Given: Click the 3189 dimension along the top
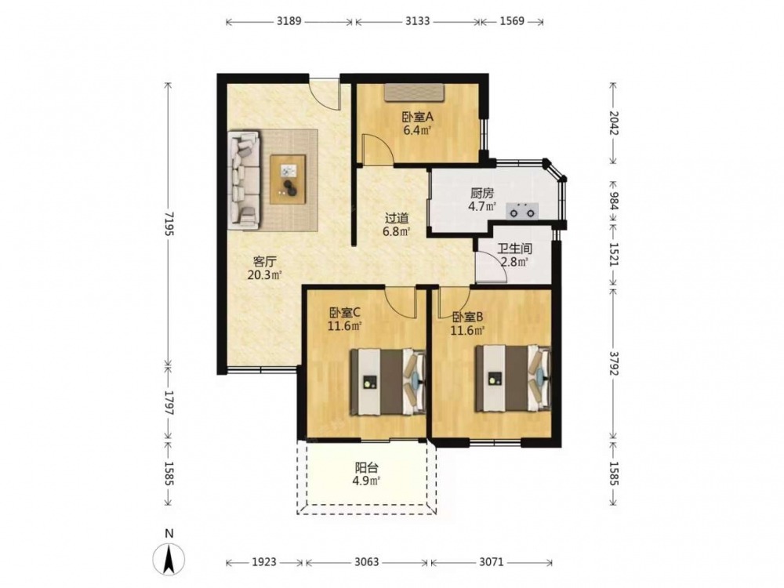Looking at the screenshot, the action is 289,21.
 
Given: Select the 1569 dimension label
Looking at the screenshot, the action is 511,21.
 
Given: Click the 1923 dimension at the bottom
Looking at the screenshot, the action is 263,562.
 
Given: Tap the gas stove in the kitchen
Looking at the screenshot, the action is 522,211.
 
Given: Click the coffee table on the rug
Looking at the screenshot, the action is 288,180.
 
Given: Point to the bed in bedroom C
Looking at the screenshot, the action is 388,382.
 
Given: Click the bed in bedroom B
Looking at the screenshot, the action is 513,378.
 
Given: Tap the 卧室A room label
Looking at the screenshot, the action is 418,117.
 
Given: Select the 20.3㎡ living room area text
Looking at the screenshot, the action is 264,274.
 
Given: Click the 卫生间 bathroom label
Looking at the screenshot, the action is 514,248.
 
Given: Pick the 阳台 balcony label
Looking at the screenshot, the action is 366,468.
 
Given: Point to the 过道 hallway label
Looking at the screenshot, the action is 397,219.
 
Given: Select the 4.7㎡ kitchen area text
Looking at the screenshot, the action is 482,206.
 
